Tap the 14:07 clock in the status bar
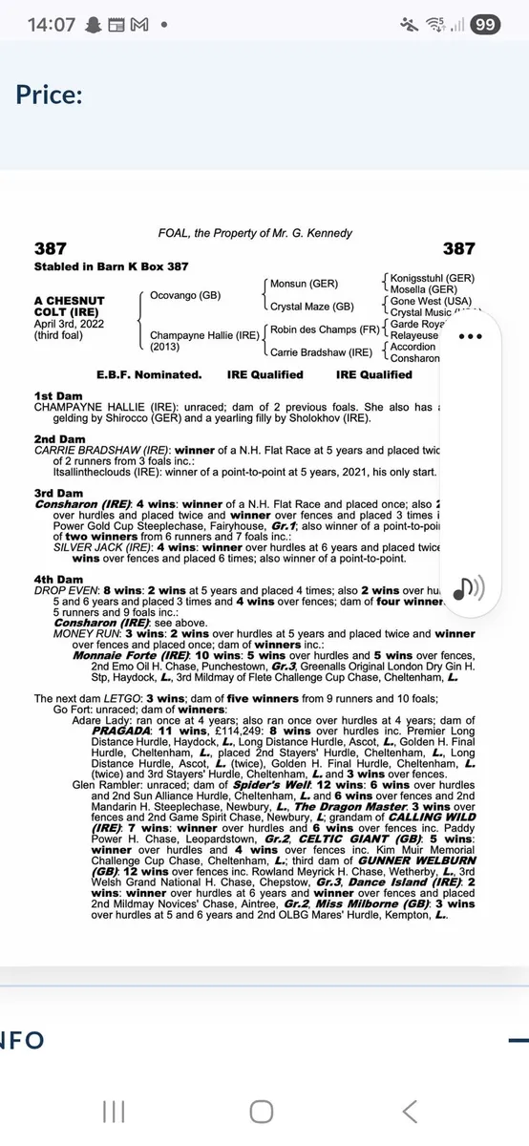(x=52, y=25)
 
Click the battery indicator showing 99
(x=484, y=25)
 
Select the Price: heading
(x=49, y=95)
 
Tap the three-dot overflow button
(x=472, y=336)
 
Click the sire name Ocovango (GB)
(x=186, y=295)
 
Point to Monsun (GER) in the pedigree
(x=304, y=284)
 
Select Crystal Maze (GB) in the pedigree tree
(x=312, y=307)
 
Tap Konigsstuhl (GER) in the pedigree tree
(x=432, y=277)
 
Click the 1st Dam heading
(x=55, y=395)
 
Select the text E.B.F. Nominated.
(x=149, y=374)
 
